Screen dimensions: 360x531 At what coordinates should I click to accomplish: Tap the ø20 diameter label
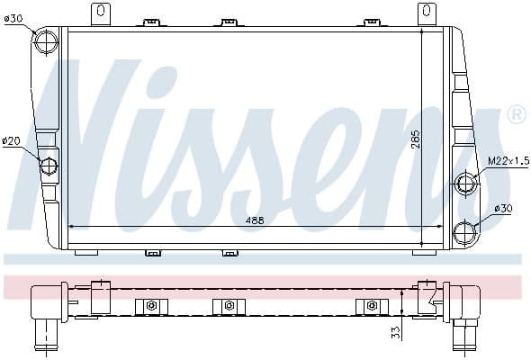tap(12, 140)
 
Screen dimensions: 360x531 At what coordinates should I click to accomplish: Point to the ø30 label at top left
tap(13, 17)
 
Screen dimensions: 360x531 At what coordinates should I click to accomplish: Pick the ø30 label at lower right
tap(504, 208)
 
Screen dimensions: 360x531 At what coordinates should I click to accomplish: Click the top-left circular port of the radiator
tap(47, 42)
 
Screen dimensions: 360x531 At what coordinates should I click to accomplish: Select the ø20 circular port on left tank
tap(49, 166)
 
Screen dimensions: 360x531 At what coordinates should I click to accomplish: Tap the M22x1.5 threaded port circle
tap(465, 184)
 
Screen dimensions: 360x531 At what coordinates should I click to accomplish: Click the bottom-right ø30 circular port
tap(465, 231)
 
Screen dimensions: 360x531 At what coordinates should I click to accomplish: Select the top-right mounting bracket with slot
tap(426, 14)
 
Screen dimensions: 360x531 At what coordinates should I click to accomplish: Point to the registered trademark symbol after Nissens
tap(517, 114)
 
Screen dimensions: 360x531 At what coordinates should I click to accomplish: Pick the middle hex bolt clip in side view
tap(229, 307)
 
